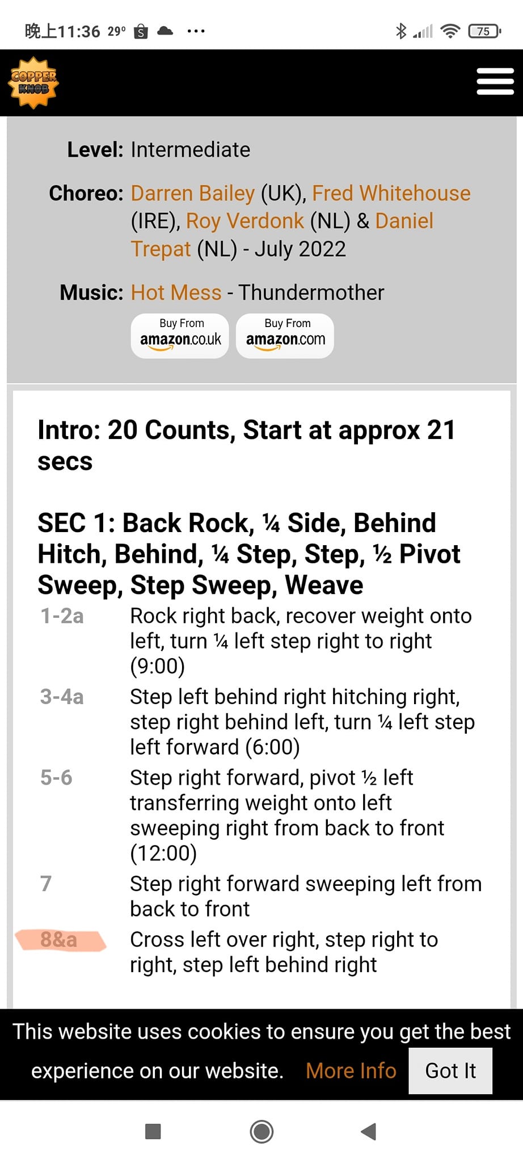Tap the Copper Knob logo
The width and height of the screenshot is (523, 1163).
click(33, 83)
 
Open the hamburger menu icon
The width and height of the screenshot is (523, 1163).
click(495, 82)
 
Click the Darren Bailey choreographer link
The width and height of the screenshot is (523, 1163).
click(193, 193)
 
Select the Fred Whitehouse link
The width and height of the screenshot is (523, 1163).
click(391, 193)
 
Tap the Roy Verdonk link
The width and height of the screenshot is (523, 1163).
click(245, 221)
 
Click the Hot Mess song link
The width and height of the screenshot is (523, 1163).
click(176, 292)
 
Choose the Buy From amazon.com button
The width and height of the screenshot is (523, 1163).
click(285, 336)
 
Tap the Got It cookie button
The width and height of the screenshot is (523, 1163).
click(450, 1070)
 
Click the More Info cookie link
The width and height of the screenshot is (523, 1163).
click(351, 1070)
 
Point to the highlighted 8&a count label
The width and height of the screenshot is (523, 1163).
click(58, 939)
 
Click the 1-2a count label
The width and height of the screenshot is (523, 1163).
click(62, 616)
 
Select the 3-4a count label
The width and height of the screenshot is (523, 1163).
click(62, 696)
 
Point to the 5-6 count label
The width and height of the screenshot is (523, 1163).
click(56, 777)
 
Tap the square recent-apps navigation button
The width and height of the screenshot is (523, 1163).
click(153, 1131)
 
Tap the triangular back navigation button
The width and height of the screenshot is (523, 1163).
click(369, 1131)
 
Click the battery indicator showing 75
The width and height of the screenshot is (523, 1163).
click(484, 31)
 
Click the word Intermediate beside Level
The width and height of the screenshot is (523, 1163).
click(191, 150)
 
